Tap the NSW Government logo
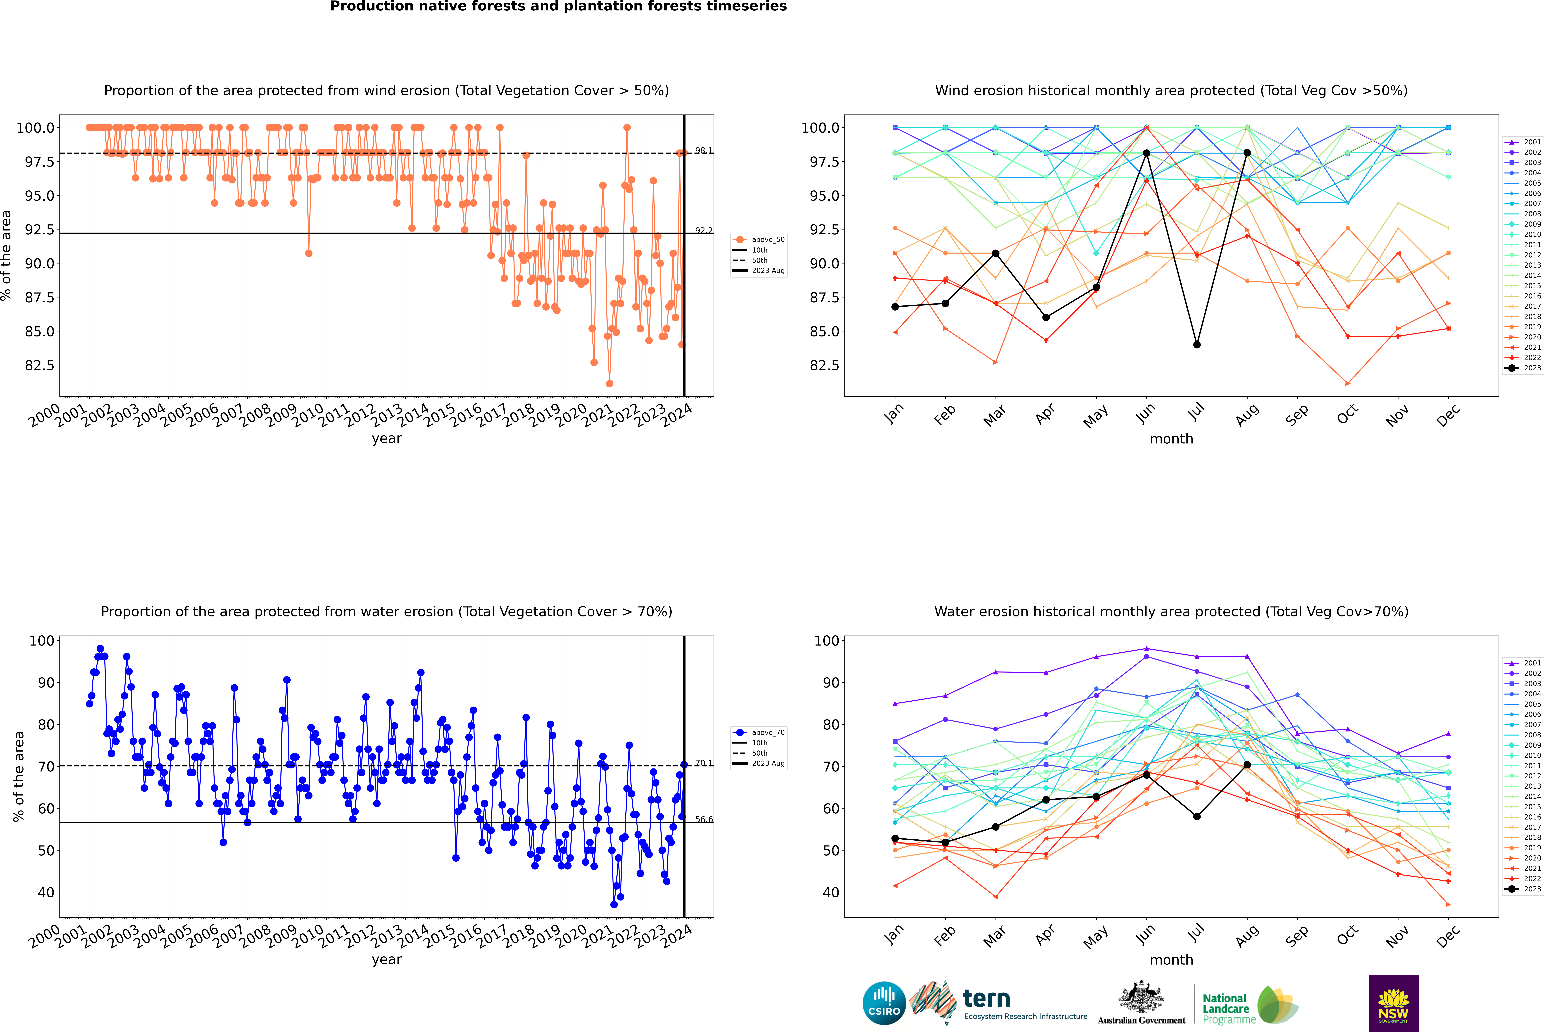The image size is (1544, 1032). [1393, 1003]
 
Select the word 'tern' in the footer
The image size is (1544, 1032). [986, 999]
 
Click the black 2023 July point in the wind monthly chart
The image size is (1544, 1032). [1196, 345]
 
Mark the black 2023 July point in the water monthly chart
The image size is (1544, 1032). [1196, 817]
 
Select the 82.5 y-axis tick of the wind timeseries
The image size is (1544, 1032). [40, 365]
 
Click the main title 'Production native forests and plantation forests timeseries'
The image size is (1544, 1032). [558, 7]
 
